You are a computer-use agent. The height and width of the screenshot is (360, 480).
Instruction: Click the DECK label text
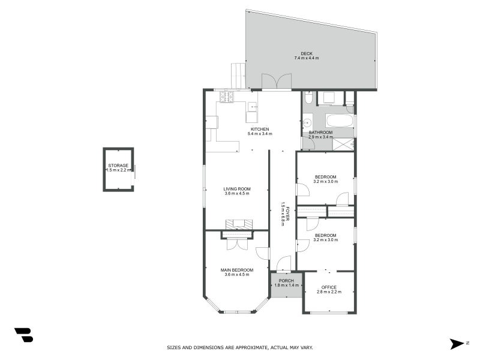point(306,53)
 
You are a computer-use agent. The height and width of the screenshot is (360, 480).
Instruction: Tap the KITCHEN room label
point(259,129)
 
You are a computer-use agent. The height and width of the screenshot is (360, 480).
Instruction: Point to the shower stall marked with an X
point(343,143)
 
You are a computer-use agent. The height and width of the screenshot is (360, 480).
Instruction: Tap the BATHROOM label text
point(320,133)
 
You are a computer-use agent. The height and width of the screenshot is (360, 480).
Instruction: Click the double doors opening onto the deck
point(277,83)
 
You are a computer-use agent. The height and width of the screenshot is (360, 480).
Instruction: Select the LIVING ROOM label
point(236,189)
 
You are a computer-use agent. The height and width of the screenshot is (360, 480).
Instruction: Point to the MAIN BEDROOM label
point(236,270)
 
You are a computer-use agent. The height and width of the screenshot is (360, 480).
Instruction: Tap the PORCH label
point(286,281)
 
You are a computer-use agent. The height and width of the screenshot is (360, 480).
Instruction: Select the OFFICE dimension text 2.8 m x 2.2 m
point(329,292)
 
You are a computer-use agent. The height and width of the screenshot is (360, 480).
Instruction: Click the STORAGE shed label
point(118,165)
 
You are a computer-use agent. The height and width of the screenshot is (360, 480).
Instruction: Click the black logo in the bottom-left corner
point(23,335)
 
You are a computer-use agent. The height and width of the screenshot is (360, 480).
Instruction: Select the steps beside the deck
point(238,76)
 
